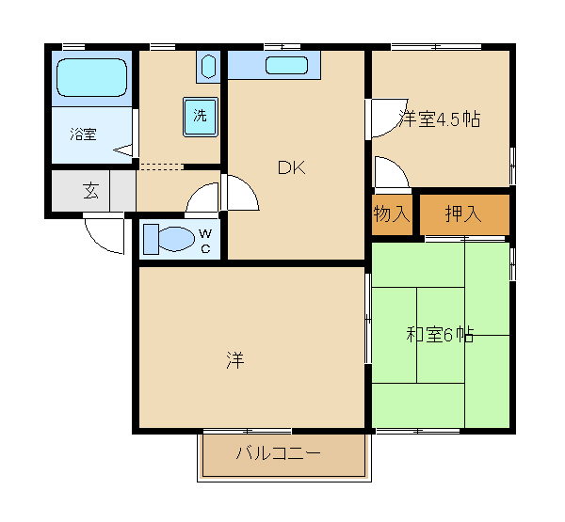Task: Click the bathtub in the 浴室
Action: [x=92, y=77]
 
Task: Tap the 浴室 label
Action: [x=83, y=134]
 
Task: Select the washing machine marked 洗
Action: [x=201, y=117]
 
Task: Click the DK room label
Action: [x=292, y=167]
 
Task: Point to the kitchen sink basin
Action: [x=287, y=66]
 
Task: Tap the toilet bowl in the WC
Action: [x=175, y=239]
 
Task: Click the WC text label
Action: [x=205, y=241]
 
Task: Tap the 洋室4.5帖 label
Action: [x=439, y=119]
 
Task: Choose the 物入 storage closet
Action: [x=392, y=214]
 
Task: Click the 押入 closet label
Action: [x=463, y=214]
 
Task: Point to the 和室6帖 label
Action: [x=440, y=335]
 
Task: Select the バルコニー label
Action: [x=278, y=453]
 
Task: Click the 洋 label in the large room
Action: [x=235, y=359]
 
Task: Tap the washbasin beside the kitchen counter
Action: [x=208, y=66]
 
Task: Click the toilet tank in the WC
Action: [x=151, y=239]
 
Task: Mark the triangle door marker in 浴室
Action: [x=123, y=150]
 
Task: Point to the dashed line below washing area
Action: [x=161, y=166]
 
